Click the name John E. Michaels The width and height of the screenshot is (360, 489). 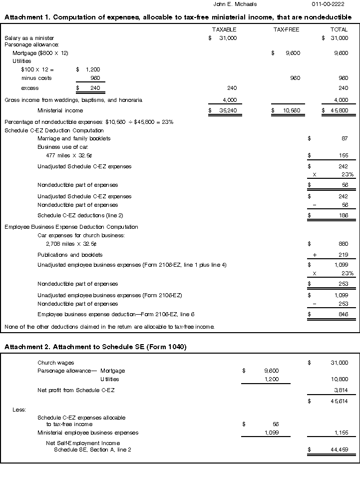[x=235, y=4]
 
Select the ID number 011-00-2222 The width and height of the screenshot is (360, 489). [x=328, y=4]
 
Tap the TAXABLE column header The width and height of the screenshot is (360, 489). [x=224, y=29]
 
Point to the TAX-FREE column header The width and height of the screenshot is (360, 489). [x=286, y=29]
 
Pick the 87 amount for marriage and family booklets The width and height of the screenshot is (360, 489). [x=345, y=138]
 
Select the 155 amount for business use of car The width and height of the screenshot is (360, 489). [x=343, y=156]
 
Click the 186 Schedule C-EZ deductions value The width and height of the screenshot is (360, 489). [x=343, y=215]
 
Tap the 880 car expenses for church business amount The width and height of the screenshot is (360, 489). [x=343, y=244]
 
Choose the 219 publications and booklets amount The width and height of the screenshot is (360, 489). [x=343, y=255]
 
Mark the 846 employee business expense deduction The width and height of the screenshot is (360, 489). [x=343, y=314]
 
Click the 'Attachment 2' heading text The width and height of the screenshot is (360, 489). [x=95, y=347]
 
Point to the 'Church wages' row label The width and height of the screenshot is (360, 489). [x=55, y=363]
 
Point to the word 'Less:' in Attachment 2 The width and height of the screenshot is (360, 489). [x=19, y=410]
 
